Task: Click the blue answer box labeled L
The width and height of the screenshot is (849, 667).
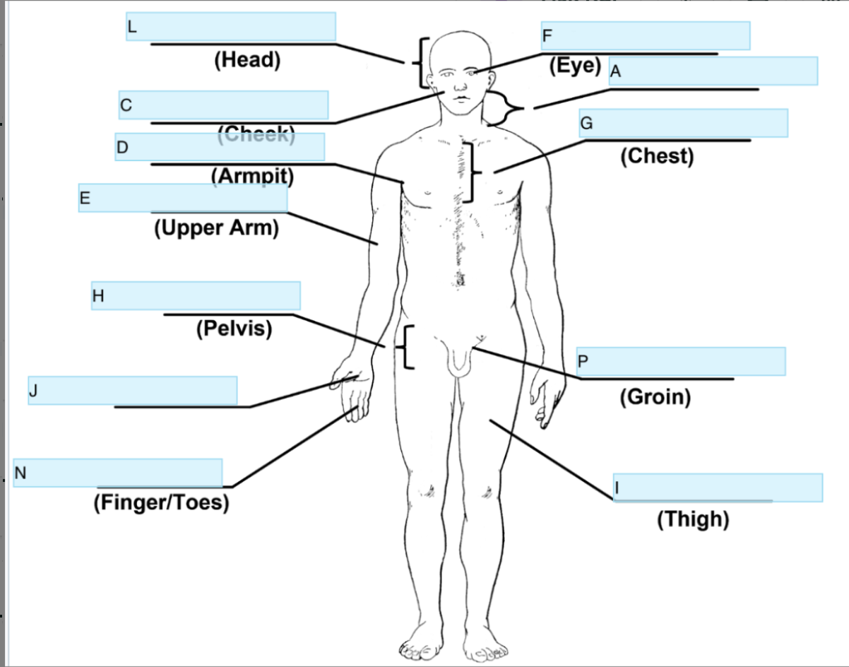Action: pyautogui.click(x=230, y=27)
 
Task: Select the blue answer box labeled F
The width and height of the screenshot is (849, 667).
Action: pyautogui.click(x=646, y=35)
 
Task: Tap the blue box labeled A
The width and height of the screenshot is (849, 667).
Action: pyautogui.click(x=713, y=71)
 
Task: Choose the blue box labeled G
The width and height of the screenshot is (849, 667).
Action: pyautogui.click(x=683, y=123)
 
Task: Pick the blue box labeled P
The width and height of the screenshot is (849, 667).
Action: pyautogui.click(x=681, y=362)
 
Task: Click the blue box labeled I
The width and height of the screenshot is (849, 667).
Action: pyautogui.click(x=718, y=488)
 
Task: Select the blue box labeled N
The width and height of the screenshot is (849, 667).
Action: pyautogui.click(x=118, y=473)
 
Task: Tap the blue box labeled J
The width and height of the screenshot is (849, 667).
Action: pyautogui.click(x=132, y=390)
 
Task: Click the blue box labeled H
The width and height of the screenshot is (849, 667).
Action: pyautogui.click(x=196, y=295)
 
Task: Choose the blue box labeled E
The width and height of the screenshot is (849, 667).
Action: pyautogui.click(x=183, y=198)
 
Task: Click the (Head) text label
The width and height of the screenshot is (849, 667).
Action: pyautogui.click(x=247, y=60)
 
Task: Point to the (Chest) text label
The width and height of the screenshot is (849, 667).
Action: pyautogui.click(x=657, y=156)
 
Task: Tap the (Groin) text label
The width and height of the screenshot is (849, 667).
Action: pyautogui.click(x=655, y=397)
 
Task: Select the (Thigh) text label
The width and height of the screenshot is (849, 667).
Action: pyautogui.click(x=692, y=520)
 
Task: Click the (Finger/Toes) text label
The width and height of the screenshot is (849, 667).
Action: pyautogui.click(x=161, y=503)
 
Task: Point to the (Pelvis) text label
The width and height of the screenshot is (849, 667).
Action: pyautogui.click(x=234, y=329)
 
